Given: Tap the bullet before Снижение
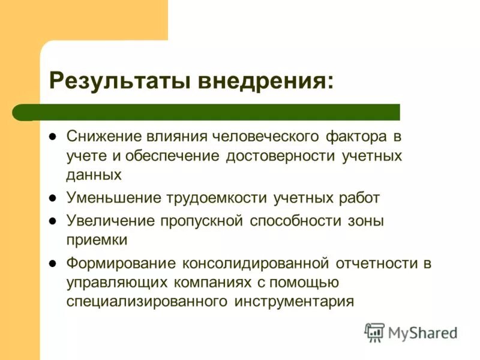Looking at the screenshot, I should coord(52,136).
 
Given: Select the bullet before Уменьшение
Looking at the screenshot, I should coord(52,197).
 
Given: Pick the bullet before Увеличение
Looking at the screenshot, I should coord(52,221).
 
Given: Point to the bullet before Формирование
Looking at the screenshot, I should coord(52,263).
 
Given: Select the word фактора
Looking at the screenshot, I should coord(356,136).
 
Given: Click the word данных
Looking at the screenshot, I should coord(94,175).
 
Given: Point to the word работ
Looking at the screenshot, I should coord(359,197).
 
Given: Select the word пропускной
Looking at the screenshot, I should coord(201,221).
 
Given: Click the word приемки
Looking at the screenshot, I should coord(97,240).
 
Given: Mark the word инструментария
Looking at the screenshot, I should coord(292,301).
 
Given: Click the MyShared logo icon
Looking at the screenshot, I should coord(374,332).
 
